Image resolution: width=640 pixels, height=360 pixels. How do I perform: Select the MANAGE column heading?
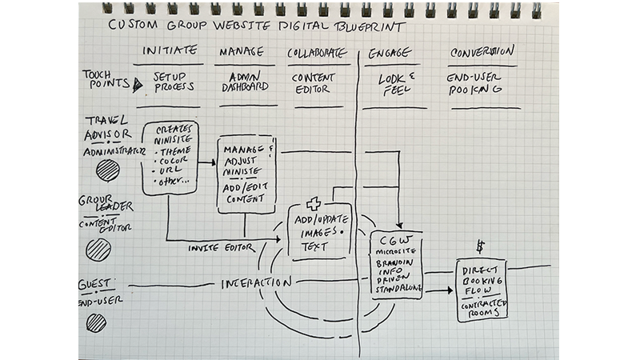240,52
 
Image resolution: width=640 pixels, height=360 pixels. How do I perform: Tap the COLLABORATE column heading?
318,53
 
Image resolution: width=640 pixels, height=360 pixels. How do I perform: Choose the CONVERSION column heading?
481,52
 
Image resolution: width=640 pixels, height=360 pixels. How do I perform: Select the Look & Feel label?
394,84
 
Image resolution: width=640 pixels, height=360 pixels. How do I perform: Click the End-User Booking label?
474,84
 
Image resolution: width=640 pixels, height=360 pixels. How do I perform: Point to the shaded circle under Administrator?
107,171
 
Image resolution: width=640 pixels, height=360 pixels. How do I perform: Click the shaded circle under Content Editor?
98,250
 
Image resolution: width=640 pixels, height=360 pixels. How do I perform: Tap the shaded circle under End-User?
96,322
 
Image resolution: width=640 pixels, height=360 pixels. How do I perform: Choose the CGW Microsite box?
395,265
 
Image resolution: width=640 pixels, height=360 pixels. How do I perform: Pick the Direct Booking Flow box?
482,290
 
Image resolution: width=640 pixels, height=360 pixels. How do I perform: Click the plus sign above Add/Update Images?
302,205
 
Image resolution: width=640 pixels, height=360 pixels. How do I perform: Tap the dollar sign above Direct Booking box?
480,246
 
